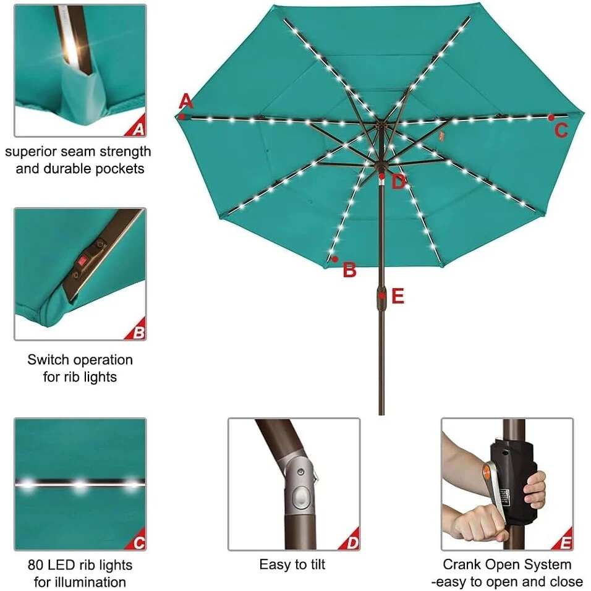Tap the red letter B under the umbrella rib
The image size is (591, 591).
[349, 270]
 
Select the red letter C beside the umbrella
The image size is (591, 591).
[561, 130]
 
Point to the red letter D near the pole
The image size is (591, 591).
[398, 182]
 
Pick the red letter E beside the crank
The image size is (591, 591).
[398, 296]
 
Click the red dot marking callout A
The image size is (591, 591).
[182, 116]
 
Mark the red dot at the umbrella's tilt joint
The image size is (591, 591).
[382, 176]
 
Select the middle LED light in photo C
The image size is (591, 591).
[80, 483]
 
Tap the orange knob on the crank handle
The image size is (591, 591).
[487, 470]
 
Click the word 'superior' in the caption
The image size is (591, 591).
[30, 152]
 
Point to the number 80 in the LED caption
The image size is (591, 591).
[35, 565]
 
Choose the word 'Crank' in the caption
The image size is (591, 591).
[462, 564]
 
